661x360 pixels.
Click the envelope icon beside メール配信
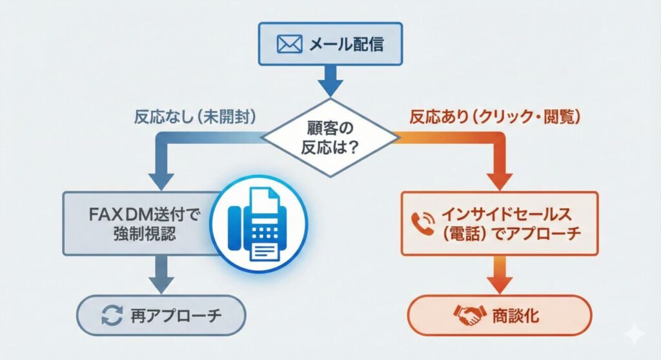click(289, 45)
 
